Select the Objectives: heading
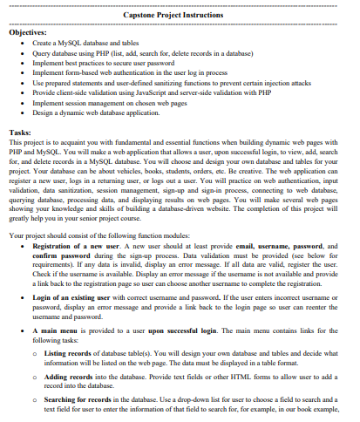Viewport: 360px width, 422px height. coord(29,31)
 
